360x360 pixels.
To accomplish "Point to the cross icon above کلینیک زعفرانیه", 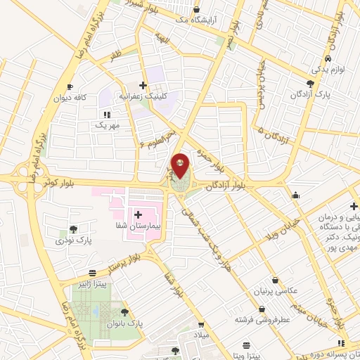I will (x=143, y=85).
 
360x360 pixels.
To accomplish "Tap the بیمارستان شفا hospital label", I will (x=137, y=226).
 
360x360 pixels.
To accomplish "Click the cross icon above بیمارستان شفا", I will (x=137, y=214).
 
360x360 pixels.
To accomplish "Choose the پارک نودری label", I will (x=75, y=240).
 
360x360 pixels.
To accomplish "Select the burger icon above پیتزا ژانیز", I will (x=92, y=273).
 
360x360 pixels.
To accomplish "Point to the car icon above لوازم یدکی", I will (x=328, y=59).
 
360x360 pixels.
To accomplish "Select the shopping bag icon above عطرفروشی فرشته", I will (x=262, y=309).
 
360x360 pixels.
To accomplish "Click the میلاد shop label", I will (x=202, y=336).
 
